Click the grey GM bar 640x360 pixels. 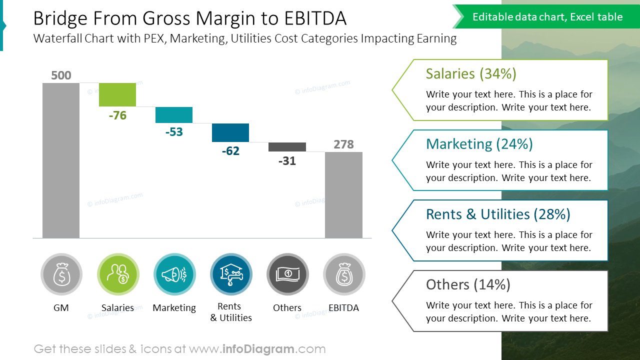pyautogui.click(x=61, y=160)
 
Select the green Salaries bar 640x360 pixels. pyautogui.click(x=117, y=94)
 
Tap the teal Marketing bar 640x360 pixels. pyautogui.click(x=174, y=115)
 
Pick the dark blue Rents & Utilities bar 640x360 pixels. pyautogui.click(x=230, y=132)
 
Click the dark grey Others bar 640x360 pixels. pyautogui.click(x=287, y=147)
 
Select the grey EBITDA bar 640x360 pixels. pyautogui.click(x=343, y=195)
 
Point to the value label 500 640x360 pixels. pyautogui.click(x=61, y=75)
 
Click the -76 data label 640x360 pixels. pyautogui.click(x=117, y=115)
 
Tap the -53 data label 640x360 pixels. pyautogui.click(x=174, y=132)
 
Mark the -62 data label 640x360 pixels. pyautogui.click(x=230, y=151)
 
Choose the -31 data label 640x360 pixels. pyautogui.click(x=287, y=161)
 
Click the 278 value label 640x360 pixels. pyautogui.click(x=343, y=144)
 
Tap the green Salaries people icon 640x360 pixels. pyautogui.click(x=118, y=274)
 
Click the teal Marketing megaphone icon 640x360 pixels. pyautogui.click(x=174, y=274)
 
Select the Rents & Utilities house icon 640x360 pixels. pyautogui.click(x=231, y=274)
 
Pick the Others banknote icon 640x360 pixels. pyautogui.click(x=287, y=274)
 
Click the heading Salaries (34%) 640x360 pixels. pyautogui.click(x=471, y=74)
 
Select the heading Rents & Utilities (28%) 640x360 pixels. pyautogui.click(x=498, y=214)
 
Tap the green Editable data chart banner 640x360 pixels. pyautogui.click(x=547, y=17)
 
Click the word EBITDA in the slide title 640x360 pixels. pyautogui.click(x=315, y=18)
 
